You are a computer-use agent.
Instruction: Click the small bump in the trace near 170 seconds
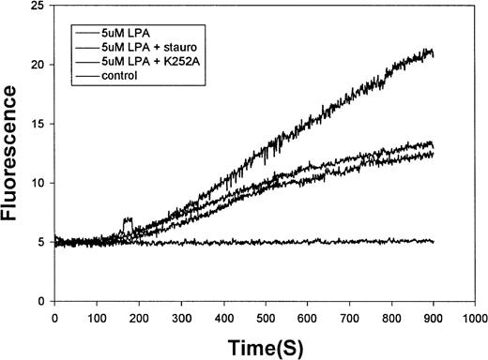click(128, 222)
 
